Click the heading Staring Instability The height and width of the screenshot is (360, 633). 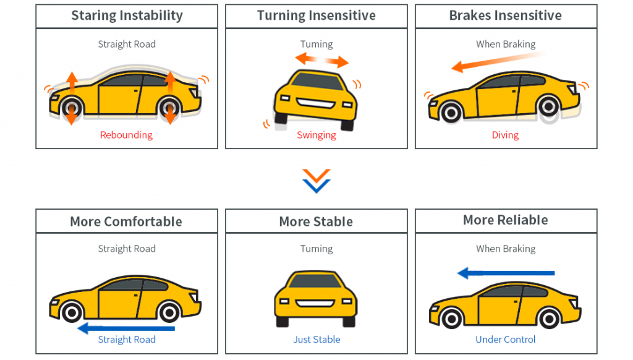coord(127,15)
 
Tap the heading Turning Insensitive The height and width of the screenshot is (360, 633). coord(316,15)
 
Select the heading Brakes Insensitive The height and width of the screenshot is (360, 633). coord(505,15)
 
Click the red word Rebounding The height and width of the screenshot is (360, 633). coord(126,135)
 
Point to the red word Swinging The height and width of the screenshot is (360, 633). coord(316,135)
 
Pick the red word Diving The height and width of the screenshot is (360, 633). coord(505,135)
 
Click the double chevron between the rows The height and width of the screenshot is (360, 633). coord(316,180)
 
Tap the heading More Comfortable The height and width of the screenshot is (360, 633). coord(126,221)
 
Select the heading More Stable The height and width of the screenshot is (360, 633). coord(316,221)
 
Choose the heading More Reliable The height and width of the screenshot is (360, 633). coord(505,220)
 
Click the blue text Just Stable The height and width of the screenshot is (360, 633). coord(316,340)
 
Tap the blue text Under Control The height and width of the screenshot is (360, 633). coord(505,340)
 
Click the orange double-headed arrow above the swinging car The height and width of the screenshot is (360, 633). coord(321,60)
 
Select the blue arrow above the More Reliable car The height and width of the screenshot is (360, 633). coord(506,273)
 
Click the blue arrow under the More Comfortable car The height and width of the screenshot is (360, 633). coord(126,328)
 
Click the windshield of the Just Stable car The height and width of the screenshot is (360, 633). coord(316,281)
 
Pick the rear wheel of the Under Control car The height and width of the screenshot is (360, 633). coord(548,317)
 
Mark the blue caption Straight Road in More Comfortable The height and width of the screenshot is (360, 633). coord(126,340)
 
